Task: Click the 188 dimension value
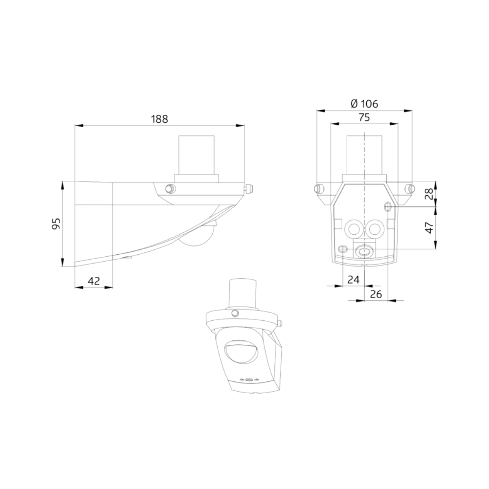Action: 159,119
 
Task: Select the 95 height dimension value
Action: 56,224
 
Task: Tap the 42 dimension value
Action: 94,281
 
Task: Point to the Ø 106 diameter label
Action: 364,104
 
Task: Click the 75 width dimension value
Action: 364,117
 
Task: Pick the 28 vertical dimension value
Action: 429,194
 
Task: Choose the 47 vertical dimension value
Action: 429,228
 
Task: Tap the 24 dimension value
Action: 353,280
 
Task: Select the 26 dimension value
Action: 376,294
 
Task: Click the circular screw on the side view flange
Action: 170,189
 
